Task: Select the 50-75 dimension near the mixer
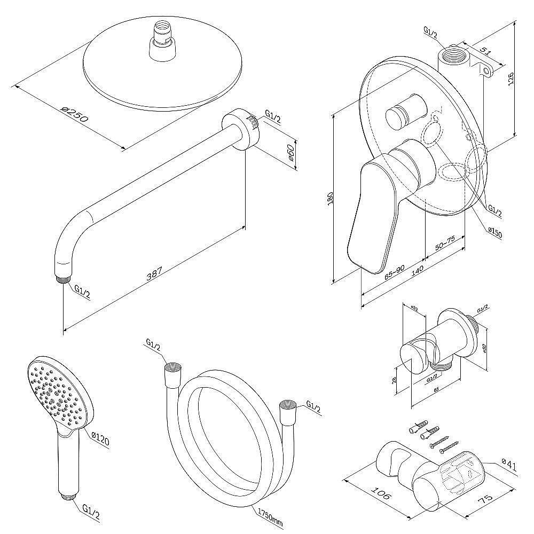pos(444,243)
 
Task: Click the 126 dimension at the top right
pos(511,78)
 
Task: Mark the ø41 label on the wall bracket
pos(509,466)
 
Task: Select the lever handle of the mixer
pos(374,214)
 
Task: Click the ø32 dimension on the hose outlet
pos(414,308)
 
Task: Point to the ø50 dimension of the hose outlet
pos(484,348)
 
